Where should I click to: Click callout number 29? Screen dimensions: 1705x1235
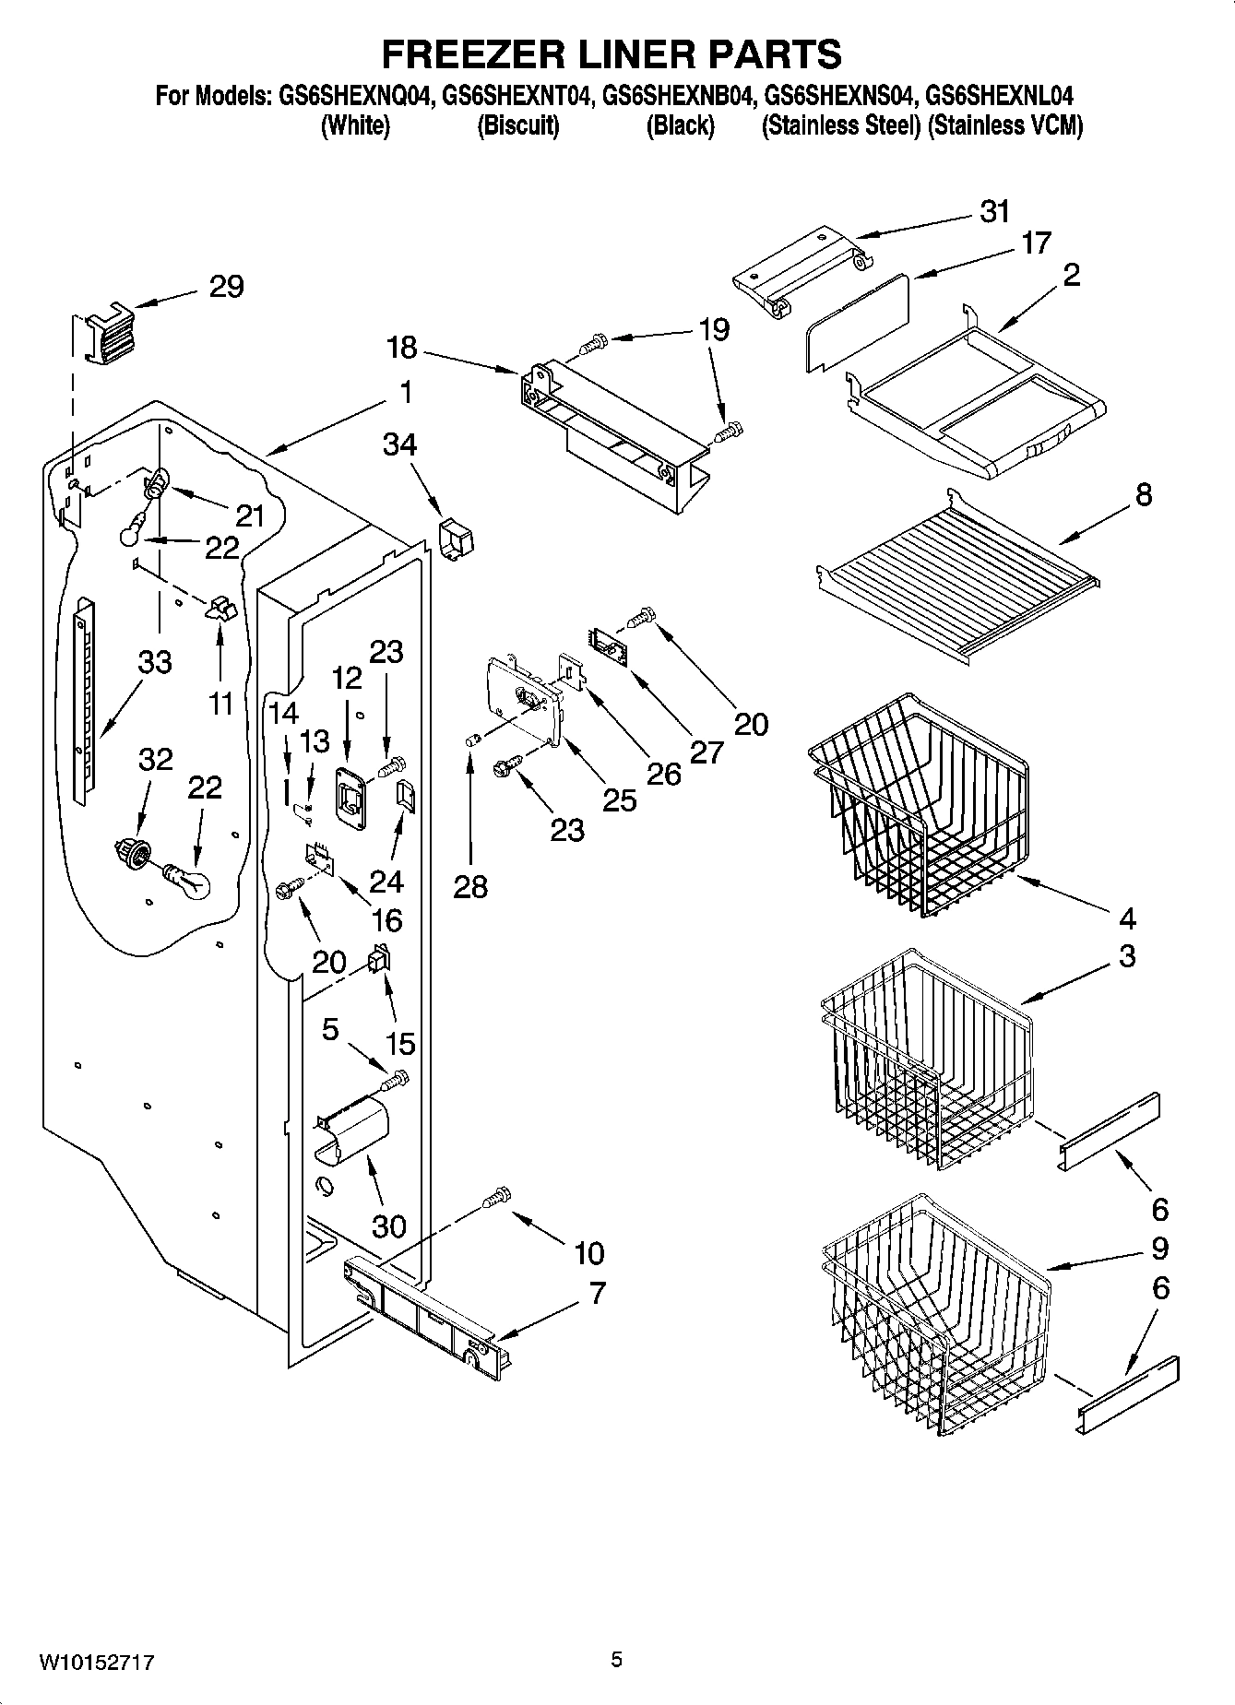point(226,287)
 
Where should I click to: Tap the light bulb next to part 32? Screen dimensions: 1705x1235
point(188,880)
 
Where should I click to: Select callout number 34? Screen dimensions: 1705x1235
point(399,445)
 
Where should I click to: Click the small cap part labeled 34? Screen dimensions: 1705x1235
point(452,539)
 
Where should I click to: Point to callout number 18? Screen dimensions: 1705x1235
point(401,349)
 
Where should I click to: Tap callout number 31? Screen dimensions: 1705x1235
point(994,212)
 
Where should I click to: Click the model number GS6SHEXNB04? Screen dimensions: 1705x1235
point(680,95)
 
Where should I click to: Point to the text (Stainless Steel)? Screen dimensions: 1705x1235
point(840,126)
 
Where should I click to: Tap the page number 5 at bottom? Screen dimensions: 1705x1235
point(616,1660)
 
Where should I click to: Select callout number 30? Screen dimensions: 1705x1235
point(388,1225)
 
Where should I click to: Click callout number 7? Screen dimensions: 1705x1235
point(597,1294)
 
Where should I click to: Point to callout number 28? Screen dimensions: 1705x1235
point(470,886)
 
